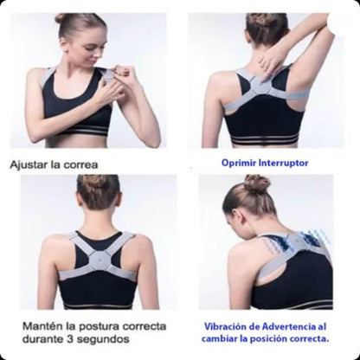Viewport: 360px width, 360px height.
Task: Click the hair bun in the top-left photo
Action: (x=62, y=18)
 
